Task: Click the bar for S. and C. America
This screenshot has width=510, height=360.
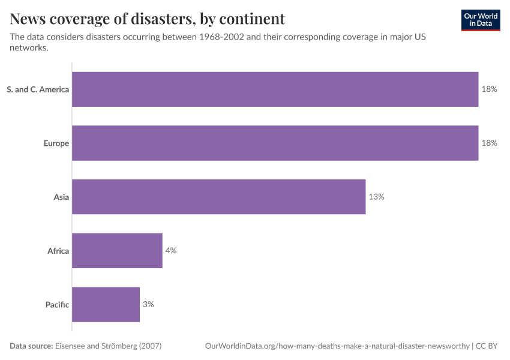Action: [275, 89]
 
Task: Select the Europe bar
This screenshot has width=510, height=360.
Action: [275, 143]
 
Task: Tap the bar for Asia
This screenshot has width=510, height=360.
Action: [218, 197]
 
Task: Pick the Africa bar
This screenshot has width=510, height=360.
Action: [117, 251]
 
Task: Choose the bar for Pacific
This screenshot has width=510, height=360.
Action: [106, 304]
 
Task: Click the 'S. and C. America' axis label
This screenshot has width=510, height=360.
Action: [38, 89]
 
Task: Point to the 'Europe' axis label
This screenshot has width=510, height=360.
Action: [56, 143]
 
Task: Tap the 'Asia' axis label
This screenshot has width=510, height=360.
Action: [61, 197]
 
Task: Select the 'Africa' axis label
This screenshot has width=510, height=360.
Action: [58, 251]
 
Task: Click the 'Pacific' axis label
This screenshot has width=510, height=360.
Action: [57, 305]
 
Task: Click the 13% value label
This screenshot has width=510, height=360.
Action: [376, 197]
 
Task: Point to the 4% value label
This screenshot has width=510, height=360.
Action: [171, 251]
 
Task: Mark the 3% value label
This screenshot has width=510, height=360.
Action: [148, 304]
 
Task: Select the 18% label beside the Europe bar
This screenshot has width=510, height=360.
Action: [489, 143]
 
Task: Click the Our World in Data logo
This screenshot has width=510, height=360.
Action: [480, 20]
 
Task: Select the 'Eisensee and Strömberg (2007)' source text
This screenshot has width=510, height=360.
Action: [108, 346]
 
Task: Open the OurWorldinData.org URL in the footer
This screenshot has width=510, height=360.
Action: [337, 346]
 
